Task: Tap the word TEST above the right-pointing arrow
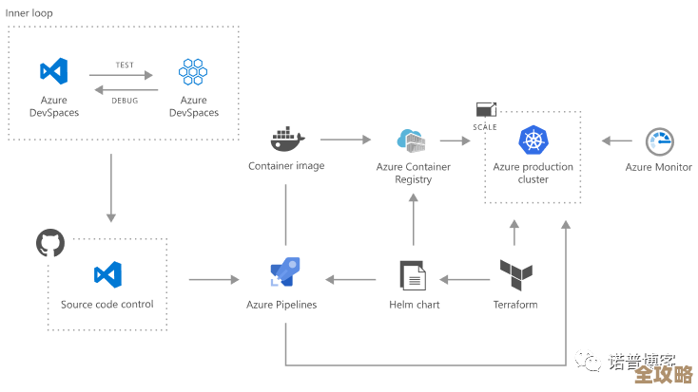click(124, 65)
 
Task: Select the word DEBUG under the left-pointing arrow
click(124, 100)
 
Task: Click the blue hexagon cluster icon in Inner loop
click(193, 72)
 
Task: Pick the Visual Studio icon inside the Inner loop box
click(53, 71)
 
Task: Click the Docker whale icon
click(286, 139)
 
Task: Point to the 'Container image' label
click(286, 166)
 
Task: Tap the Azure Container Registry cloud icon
click(413, 140)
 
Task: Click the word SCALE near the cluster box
click(485, 126)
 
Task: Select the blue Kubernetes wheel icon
click(533, 140)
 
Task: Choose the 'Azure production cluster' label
click(533, 173)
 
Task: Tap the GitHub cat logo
click(49, 243)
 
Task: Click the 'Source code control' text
click(107, 305)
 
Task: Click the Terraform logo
click(515, 276)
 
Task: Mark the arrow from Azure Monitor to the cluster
click(616, 140)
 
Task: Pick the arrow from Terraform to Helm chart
click(464, 279)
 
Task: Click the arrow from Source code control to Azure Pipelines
click(214, 279)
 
